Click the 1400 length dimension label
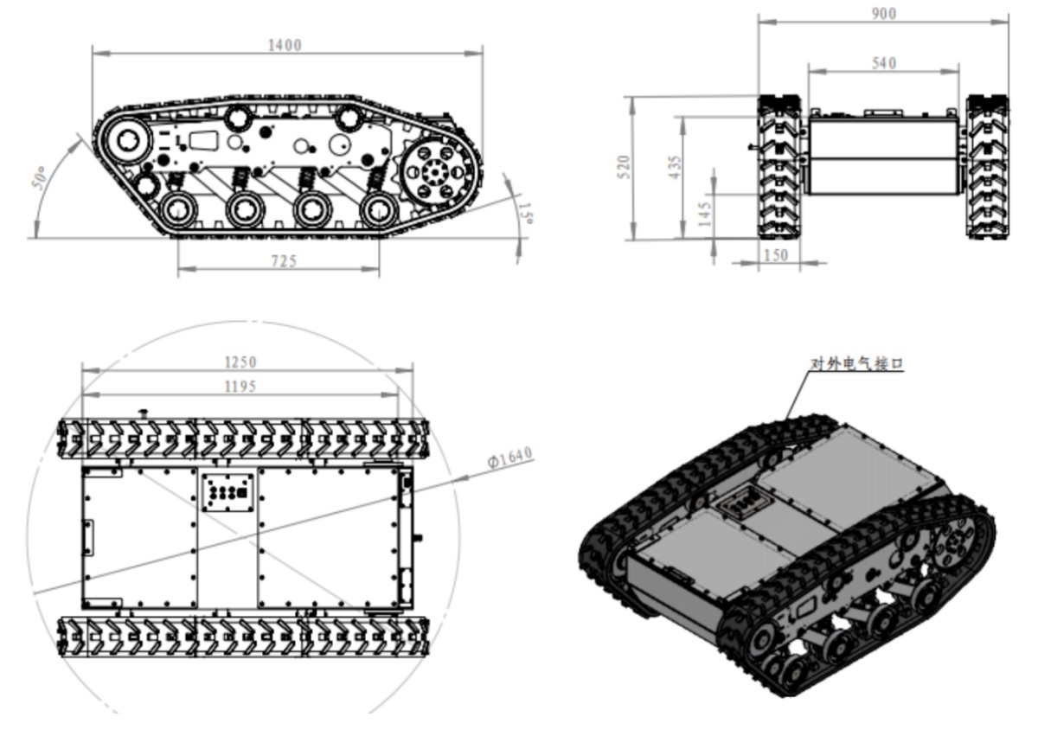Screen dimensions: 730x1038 pyautogui.click(x=285, y=45)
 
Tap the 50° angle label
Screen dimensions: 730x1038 pyautogui.click(x=38, y=178)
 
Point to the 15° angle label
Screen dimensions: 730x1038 pyautogui.click(x=523, y=210)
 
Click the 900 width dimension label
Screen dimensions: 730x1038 pyautogui.click(x=883, y=14)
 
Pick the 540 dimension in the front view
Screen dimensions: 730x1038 pyautogui.click(x=884, y=63)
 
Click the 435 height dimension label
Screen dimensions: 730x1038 pyautogui.click(x=676, y=165)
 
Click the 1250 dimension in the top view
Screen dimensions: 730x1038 pyautogui.click(x=240, y=362)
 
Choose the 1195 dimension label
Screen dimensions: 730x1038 pyautogui.click(x=240, y=387)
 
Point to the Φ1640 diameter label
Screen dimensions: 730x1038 pyautogui.click(x=509, y=457)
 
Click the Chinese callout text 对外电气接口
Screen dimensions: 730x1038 pyautogui.click(x=855, y=364)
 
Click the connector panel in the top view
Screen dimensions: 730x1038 pyautogui.click(x=229, y=493)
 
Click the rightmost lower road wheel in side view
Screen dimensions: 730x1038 pyautogui.click(x=379, y=209)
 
